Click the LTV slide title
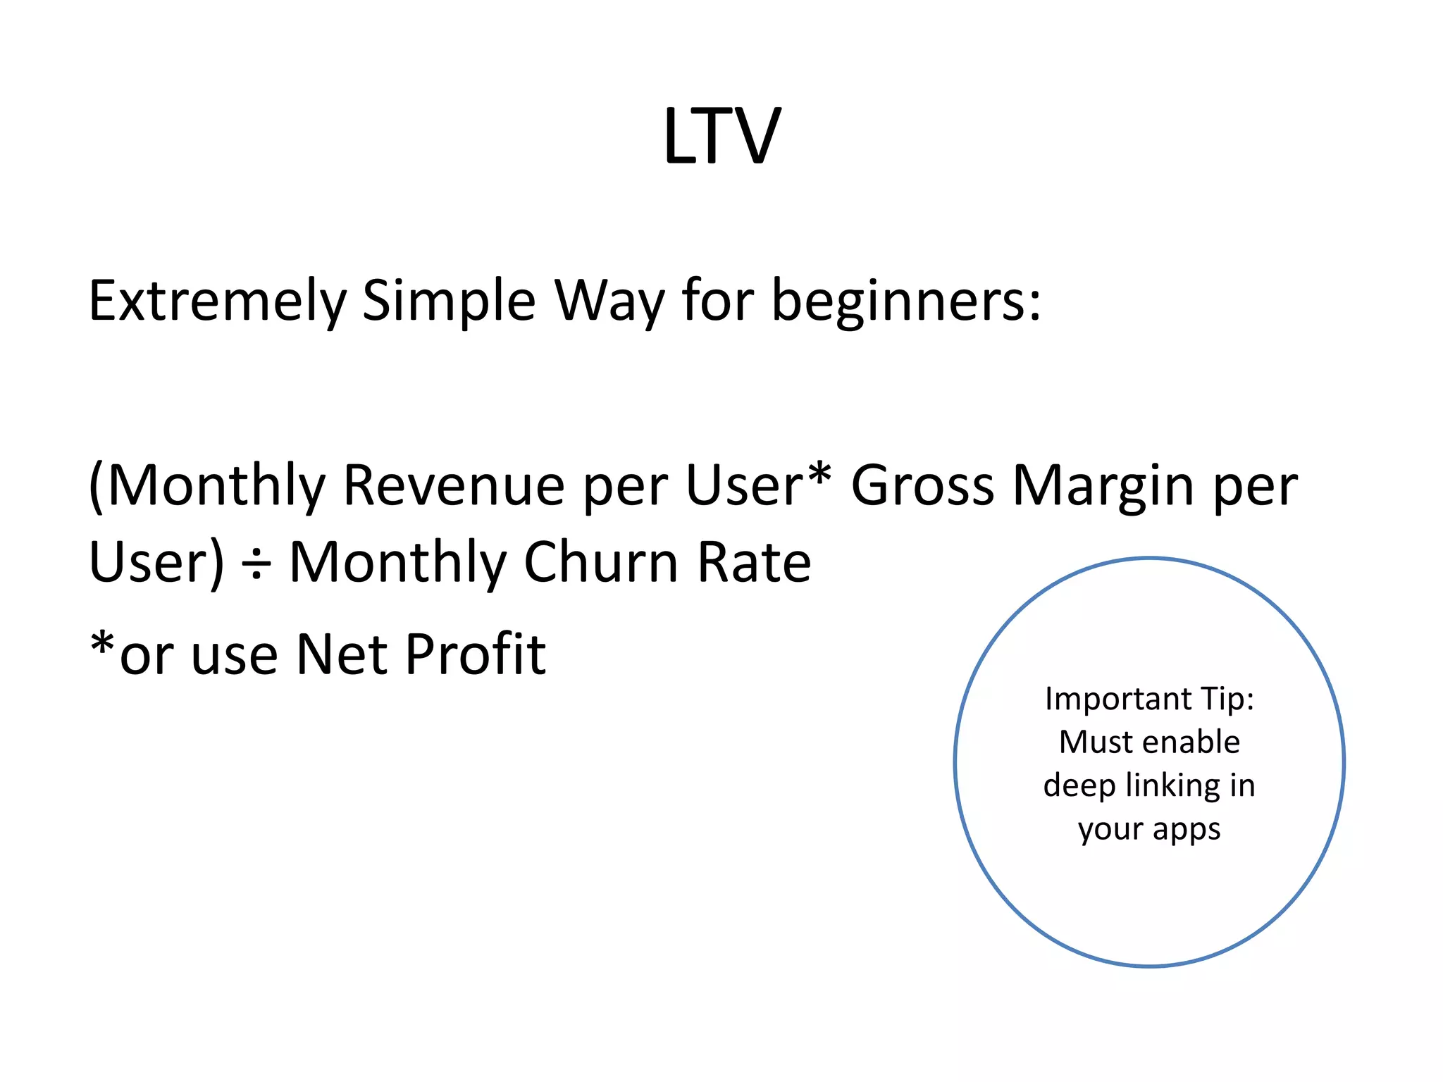click(x=721, y=136)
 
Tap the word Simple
click(x=448, y=301)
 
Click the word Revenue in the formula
click(x=454, y=485)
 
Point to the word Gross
click(x=922, y=485)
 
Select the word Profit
click(x=476, y=654)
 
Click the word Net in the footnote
click(x=341, y=654)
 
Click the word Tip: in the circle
click(x=1228, y=698)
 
